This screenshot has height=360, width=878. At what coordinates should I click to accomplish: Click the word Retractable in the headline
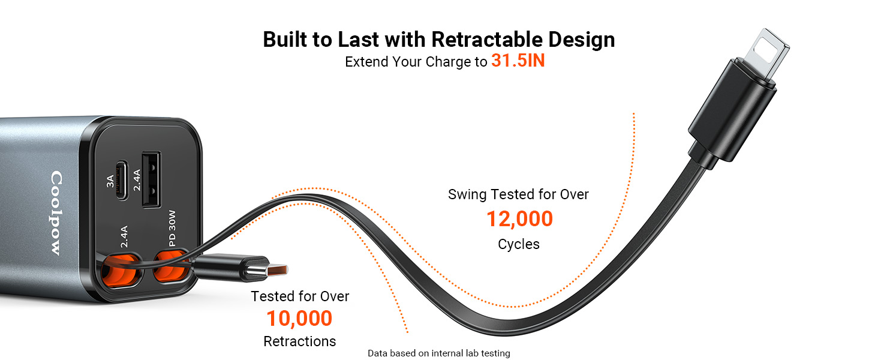point(487,40)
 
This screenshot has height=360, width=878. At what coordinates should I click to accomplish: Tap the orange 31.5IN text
point(518,61)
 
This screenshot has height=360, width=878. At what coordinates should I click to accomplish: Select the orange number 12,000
point(519,219)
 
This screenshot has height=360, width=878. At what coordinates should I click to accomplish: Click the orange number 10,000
point(299,318)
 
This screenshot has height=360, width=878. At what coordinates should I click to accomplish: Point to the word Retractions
point(299,341)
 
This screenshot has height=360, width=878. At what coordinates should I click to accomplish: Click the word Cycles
point(519,244)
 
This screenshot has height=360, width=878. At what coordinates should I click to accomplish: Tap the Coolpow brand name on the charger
point(56,213)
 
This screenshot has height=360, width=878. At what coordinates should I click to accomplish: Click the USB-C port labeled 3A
point(122,180)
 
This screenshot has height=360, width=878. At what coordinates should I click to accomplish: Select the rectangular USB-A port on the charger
point(151,179)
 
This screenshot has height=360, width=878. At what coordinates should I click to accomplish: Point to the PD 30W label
point(172,228)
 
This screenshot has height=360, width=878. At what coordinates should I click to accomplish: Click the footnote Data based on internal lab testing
point(438,353)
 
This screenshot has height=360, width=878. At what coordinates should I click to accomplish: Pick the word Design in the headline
point(581,40)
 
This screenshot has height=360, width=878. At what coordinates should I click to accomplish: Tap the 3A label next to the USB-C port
point(110,181)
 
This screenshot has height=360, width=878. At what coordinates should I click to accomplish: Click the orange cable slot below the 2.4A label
point(121,270)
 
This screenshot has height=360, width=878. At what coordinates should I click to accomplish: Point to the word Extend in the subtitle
point(366,62)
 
